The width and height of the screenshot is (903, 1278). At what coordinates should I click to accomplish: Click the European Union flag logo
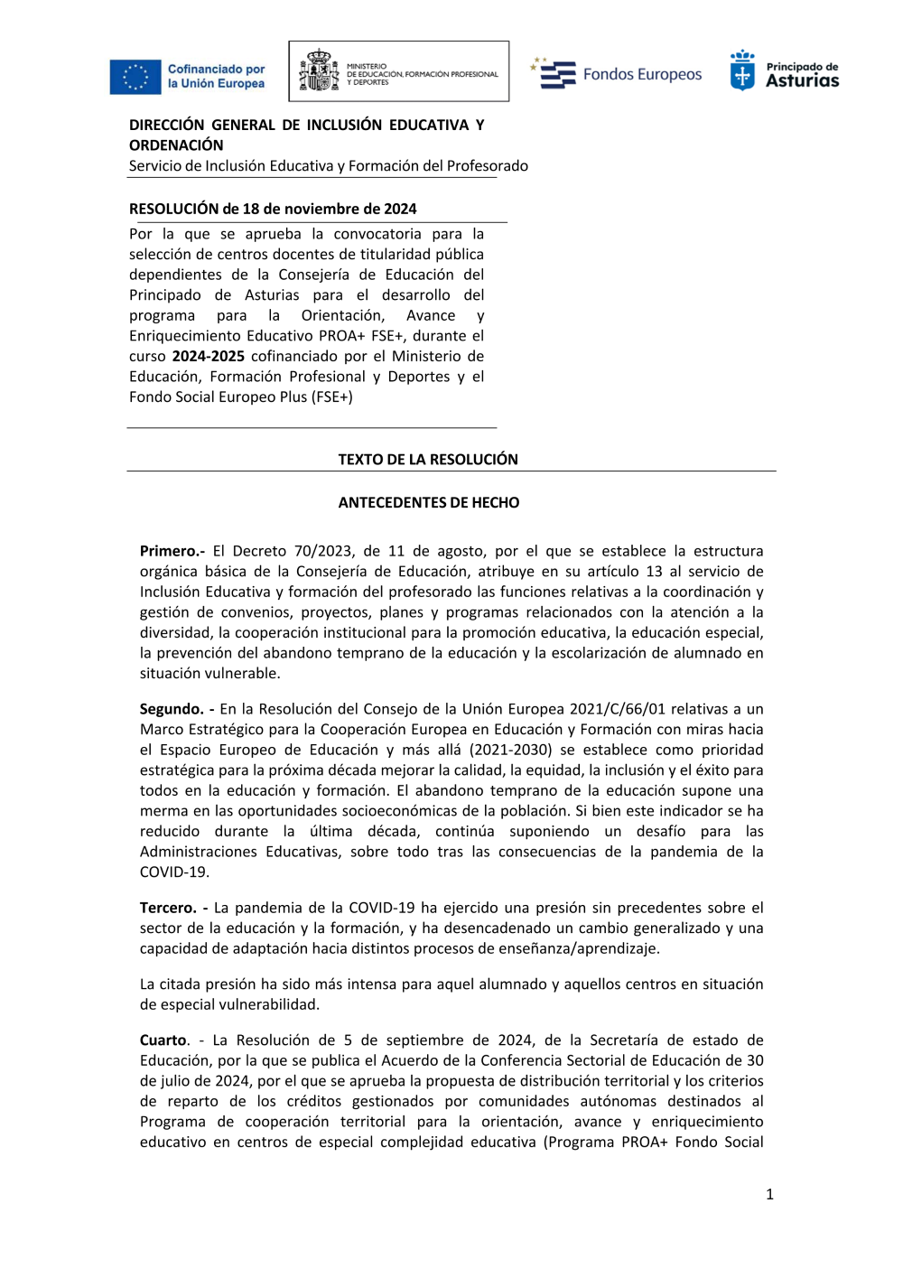click(x=135, y=77)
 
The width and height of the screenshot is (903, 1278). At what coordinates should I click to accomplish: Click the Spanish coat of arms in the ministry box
click(x=318, y=71)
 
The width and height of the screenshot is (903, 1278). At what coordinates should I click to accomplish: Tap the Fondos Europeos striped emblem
click(x=555, y=74)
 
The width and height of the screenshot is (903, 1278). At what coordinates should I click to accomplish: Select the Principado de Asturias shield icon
click(x=742, y=70)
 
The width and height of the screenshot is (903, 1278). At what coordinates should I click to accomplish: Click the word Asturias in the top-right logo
click(x=802, y=81)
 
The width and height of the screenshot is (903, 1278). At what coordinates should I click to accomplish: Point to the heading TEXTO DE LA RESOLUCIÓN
click(x=428, y=459)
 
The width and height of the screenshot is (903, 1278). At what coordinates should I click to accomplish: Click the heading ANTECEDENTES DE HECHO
click(x=428, y=502)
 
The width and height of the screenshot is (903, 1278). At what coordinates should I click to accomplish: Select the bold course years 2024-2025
click(x=208, y=356)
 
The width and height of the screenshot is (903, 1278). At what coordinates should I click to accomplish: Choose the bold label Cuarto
click(x=163, y=1040)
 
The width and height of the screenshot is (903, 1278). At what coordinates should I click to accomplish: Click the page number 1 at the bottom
click(x=769, y=1194)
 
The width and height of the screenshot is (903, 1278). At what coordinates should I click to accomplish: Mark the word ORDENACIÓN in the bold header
click(x=176, y=145)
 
